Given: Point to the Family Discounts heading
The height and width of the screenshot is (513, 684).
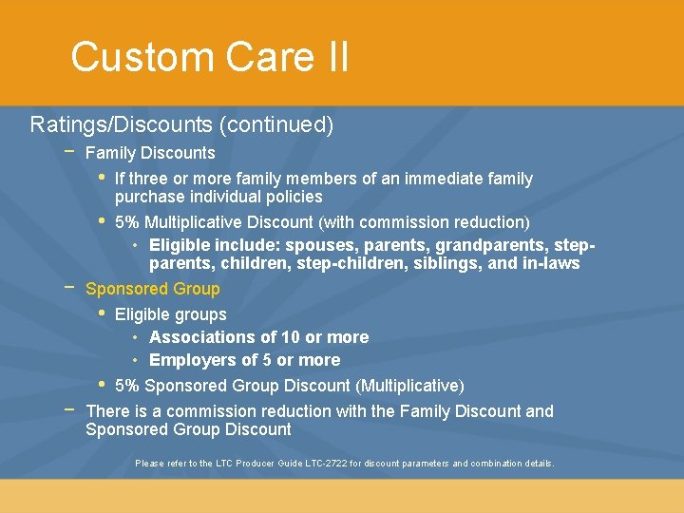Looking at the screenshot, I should (150, 153).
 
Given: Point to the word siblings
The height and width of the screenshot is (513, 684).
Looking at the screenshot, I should (446, 263).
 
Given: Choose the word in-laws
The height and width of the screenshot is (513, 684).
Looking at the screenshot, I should (551, 263).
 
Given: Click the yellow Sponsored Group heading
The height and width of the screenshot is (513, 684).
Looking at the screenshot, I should (152, 289).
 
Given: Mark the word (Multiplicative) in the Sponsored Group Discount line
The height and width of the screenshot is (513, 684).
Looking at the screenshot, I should (409, 386).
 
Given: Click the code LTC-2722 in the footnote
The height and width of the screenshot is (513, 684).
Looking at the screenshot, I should (321, 464).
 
